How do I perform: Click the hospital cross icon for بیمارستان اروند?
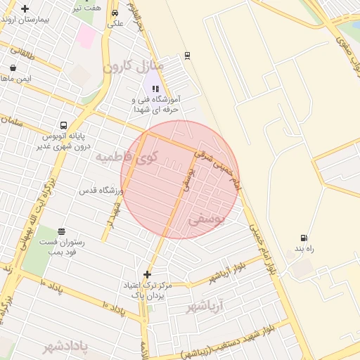(25, 9)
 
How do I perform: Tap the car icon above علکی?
(115, 13)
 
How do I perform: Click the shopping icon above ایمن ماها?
(13, 68)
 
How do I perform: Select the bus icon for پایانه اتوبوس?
(64, 125)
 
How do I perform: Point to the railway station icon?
(187, 55)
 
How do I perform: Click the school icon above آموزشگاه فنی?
(155, 89)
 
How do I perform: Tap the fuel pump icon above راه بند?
(303, 238)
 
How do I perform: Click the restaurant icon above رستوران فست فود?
(62, 231)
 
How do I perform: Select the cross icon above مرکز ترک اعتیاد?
(147, 274)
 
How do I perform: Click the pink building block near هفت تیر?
(86, 35)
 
